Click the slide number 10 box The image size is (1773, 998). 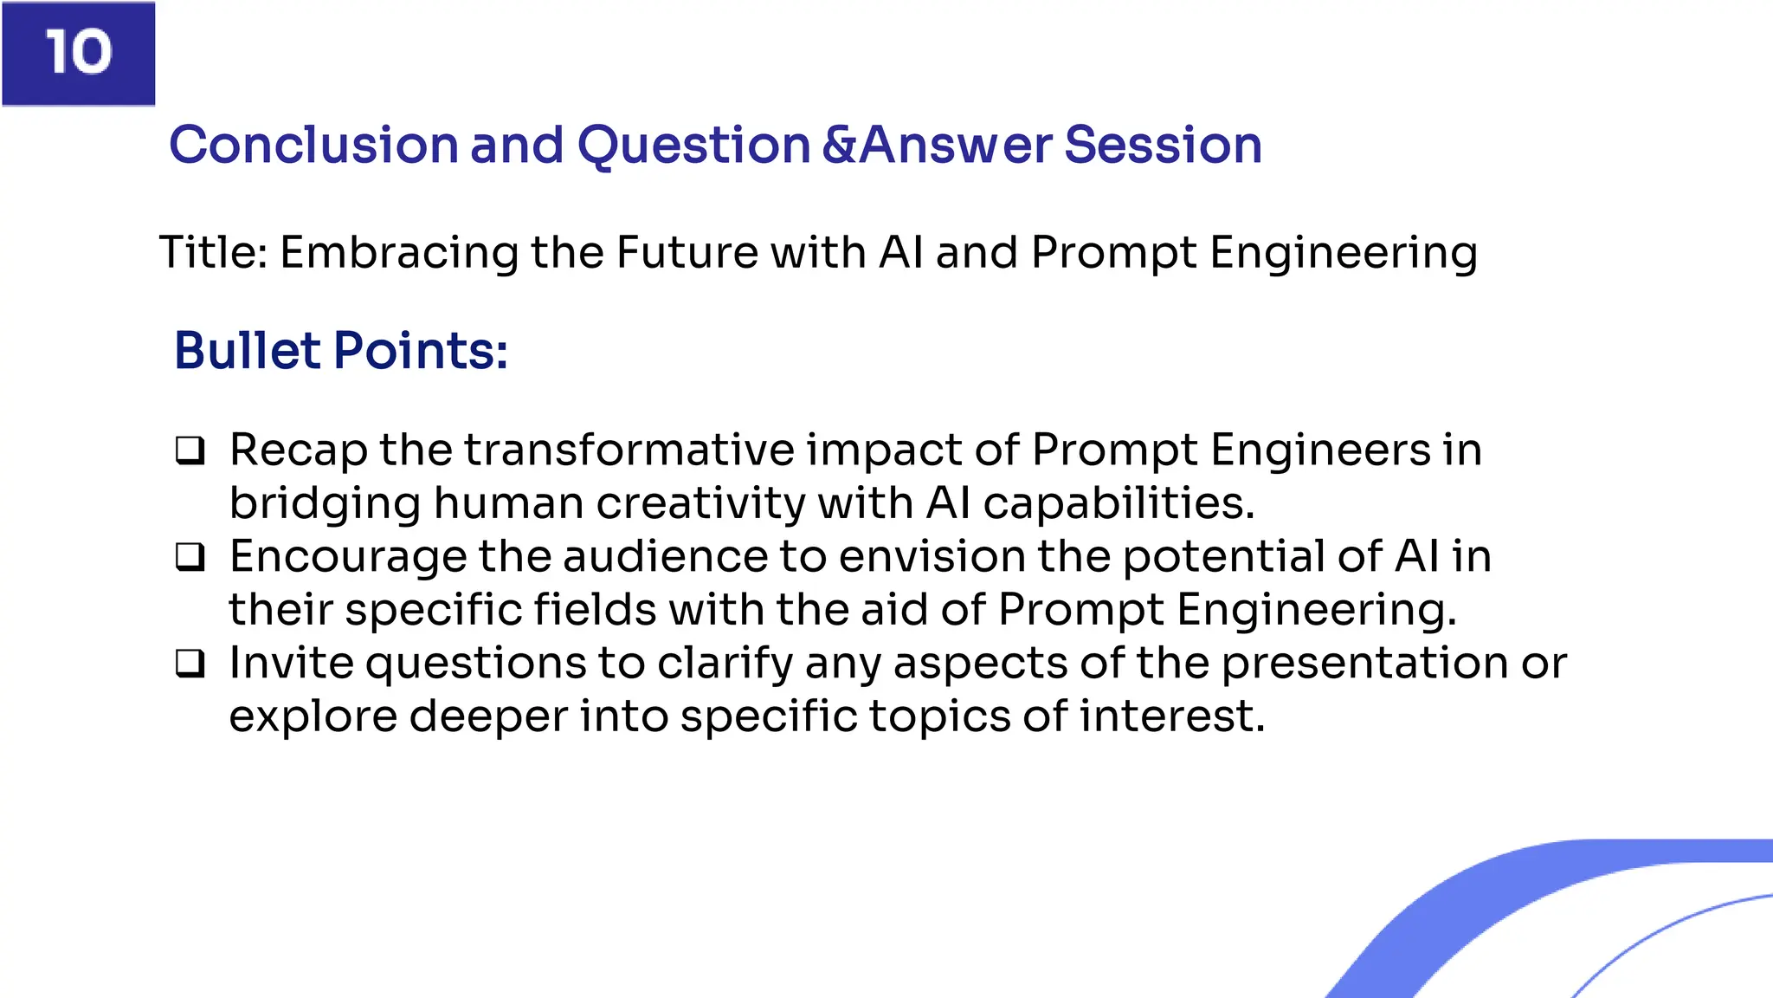click(x=78, y=53)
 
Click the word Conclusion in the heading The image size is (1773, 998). click(x=313, y=145)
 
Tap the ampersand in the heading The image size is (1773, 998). click(x=838, y=145)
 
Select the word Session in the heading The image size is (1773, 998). click(x=1163, y=145)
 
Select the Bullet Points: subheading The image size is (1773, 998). click(x=341, y=351)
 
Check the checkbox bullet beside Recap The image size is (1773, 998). click(x=190, y=450)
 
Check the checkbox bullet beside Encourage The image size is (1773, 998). click(x=190, y=557)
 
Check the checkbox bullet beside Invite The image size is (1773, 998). click(x=190, y=664)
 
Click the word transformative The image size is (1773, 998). click(x=629, y=450)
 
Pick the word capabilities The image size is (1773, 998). click(x=1118, y=503)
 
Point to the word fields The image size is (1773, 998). click(x=595, y=610)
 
